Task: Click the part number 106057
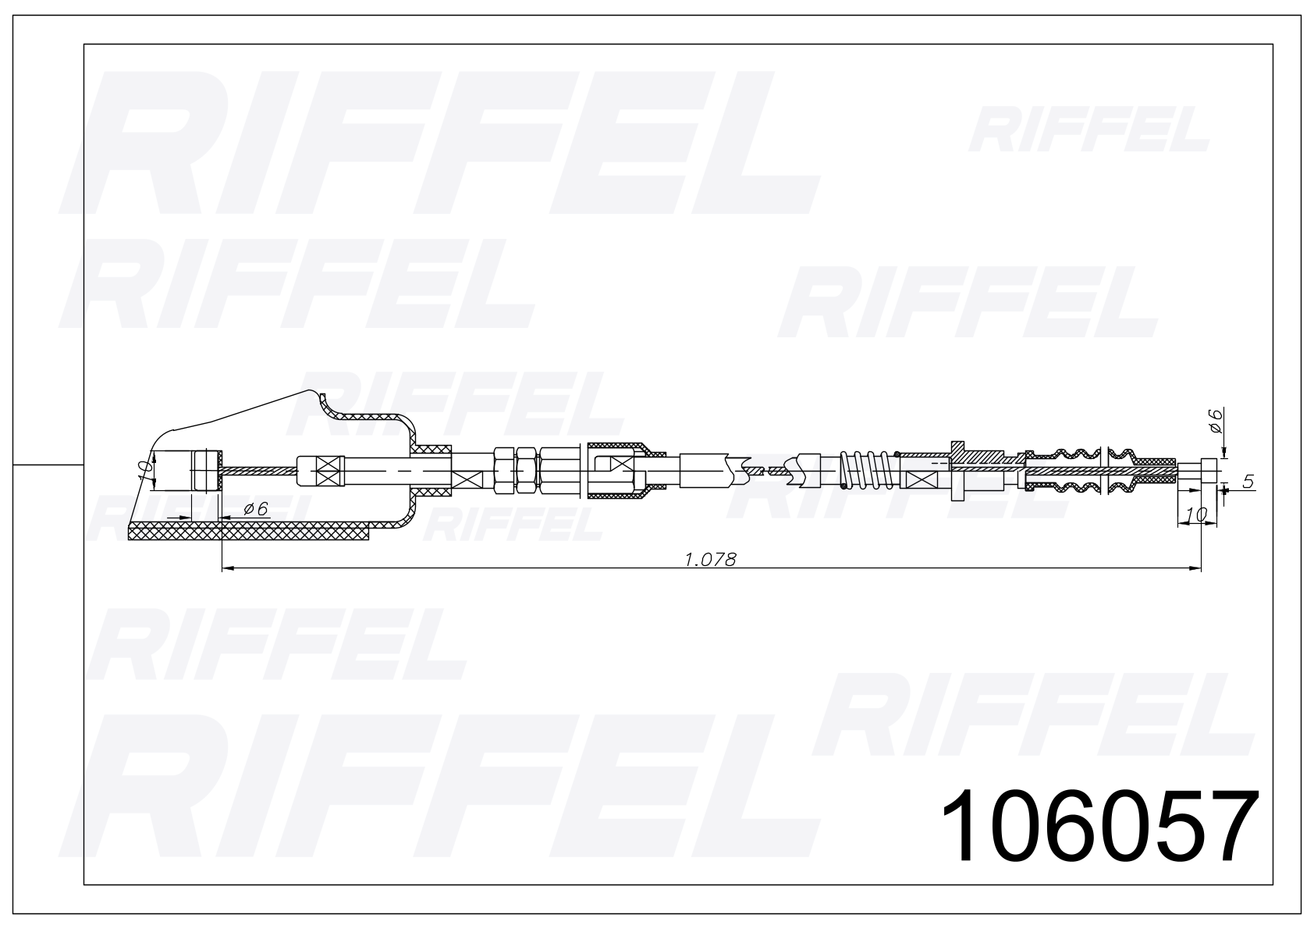pyautogui.click(x=1100, y=825)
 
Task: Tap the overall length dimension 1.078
pyautogui.click(x=710, y=560)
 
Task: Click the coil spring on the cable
pyautogui.click(x=868, y=469)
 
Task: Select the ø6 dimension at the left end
pyautogui.click(x=255, y=509)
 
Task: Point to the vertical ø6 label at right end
pyautogui.click(x=1215, y=422)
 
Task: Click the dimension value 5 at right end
pyautogui.click(x=1248, y=482)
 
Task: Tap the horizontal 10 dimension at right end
pyautogui.click(x=1196, y=514)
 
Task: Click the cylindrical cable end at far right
pyautogui.click(x=1209, y=470)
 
